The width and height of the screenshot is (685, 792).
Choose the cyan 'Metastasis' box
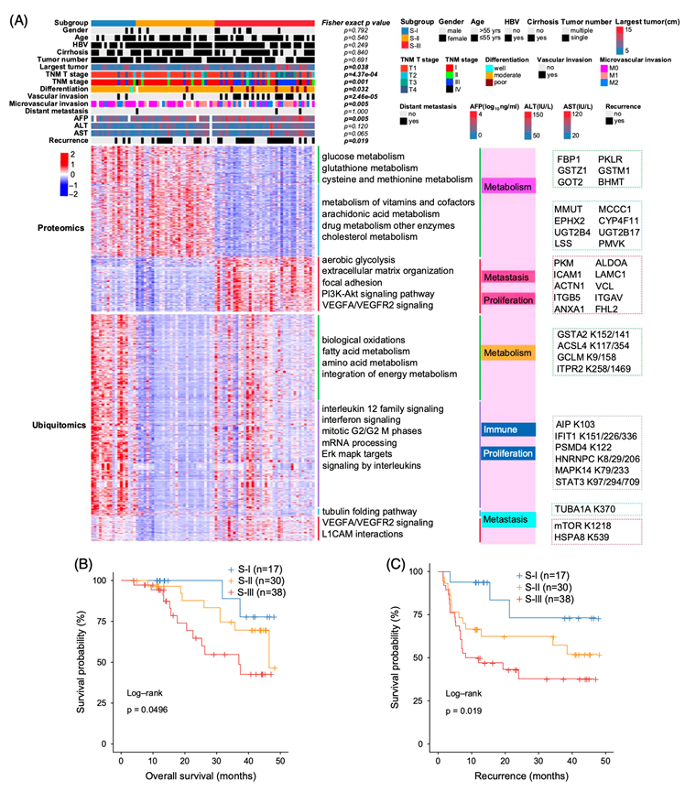tap(508, 519)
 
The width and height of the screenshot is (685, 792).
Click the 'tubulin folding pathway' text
tap(376, 510)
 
